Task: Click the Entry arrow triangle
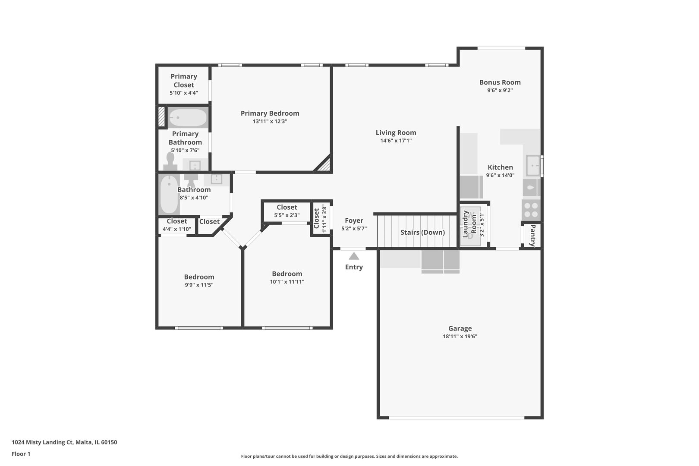(x=354, y=256)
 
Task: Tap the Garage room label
(x=460, y=328)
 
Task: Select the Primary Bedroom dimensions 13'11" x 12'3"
(x=270, y=122)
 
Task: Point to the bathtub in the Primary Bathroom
(x=188, y=117)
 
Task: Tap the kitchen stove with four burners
(x=531, y=210)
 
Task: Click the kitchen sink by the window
(x=533, y=166)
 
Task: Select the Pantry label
(x=532, y=235)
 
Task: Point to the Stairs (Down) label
(x=422, y=232)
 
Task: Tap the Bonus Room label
(x=500, y=82)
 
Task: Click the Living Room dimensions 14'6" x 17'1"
(x=396, y=141)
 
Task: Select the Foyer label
(x=354, y=220)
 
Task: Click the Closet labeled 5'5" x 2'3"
(x=287, y=211)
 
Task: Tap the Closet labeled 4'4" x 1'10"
(x=176, y=225)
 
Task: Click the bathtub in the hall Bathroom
(x=169, y=195)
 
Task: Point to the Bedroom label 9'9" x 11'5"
(x=199, y=277)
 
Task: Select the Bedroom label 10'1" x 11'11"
(x=287, y=274)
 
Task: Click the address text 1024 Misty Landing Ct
(x=64, y=442)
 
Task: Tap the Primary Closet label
(x=183, y=81)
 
